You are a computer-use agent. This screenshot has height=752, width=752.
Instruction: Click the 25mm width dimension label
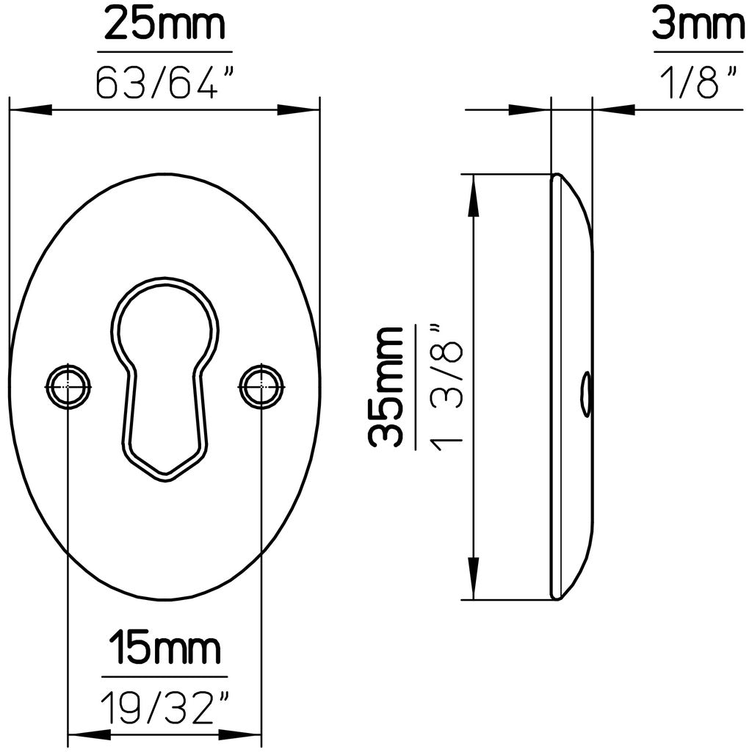(x=164, y=24)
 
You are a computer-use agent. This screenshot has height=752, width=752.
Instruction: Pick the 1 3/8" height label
(x=446, y=387)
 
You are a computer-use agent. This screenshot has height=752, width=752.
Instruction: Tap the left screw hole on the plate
(x=68, y=386)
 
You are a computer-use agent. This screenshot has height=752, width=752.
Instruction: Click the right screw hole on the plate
(x=261, y=386)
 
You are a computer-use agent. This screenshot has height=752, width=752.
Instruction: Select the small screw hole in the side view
(x=585, y=394)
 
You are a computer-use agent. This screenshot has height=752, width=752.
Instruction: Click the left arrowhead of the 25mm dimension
(x=29, y=110)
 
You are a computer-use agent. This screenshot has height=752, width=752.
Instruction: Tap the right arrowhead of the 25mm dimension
(x=300, y=110)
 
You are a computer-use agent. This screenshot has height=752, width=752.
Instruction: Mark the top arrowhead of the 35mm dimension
(x=474, y=194)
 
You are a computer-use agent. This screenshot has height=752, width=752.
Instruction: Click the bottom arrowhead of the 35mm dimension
(x=474, y=580)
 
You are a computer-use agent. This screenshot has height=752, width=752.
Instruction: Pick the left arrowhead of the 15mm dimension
(x=87, y=734)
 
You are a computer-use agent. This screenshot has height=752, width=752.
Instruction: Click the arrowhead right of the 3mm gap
(x=614, y=110)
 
